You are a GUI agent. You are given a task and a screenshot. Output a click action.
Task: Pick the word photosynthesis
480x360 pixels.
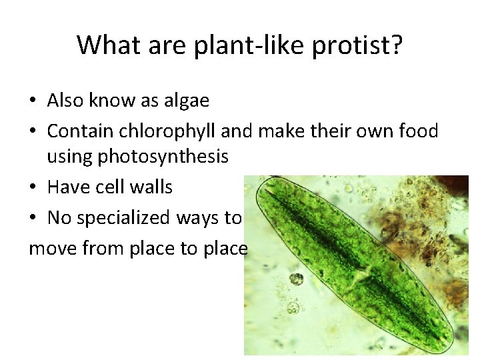click(163, 157)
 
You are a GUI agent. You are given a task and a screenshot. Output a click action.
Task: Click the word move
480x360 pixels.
click(52, 249)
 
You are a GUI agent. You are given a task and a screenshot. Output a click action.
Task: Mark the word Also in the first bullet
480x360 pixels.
click(65, 101)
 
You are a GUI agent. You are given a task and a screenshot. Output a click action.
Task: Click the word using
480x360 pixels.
click(69, 157)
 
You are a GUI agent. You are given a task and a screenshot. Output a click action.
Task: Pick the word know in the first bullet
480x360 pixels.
click(112, 101)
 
